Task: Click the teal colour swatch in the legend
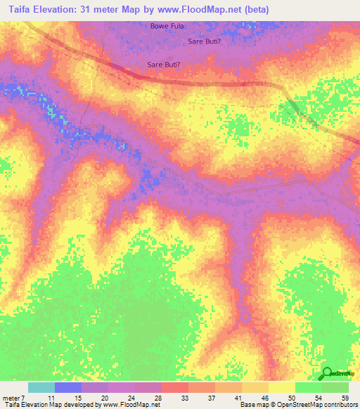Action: (x=41, y=387)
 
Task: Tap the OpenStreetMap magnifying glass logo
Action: (x=327, y=374)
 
